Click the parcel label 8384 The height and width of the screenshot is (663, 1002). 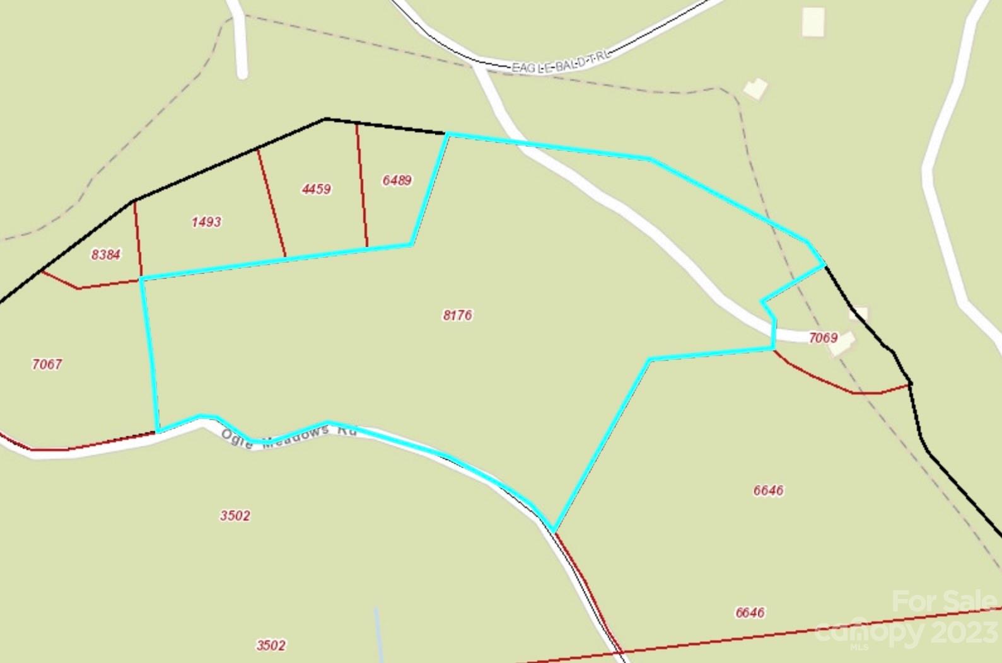pyautogui.click(x=106, y=255)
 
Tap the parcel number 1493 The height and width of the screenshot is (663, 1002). pyautogui.click(x=206, y=222)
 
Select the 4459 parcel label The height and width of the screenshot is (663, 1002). pyautogui.click(x=316, y=189)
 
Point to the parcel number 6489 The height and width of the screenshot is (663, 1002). pyautogui.click(x=397, y=180)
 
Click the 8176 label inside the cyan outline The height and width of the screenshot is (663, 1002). pyautogui.click(x=458, y=315)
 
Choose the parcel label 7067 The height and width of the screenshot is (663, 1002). pyautogui.click(x=47, y=364)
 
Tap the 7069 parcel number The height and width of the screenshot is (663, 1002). pyautogui.click(x=823, y=338)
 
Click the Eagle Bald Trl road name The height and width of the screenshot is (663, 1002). pyautogui.click(x=561, y=64)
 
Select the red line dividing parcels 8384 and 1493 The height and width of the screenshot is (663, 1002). pyautogui.click(x=138, y=239)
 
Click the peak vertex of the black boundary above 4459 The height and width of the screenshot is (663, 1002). pyautogui.click(x=325, y=118)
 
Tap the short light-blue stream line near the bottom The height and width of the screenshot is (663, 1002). pyautogui.click(x=378, y=630)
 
